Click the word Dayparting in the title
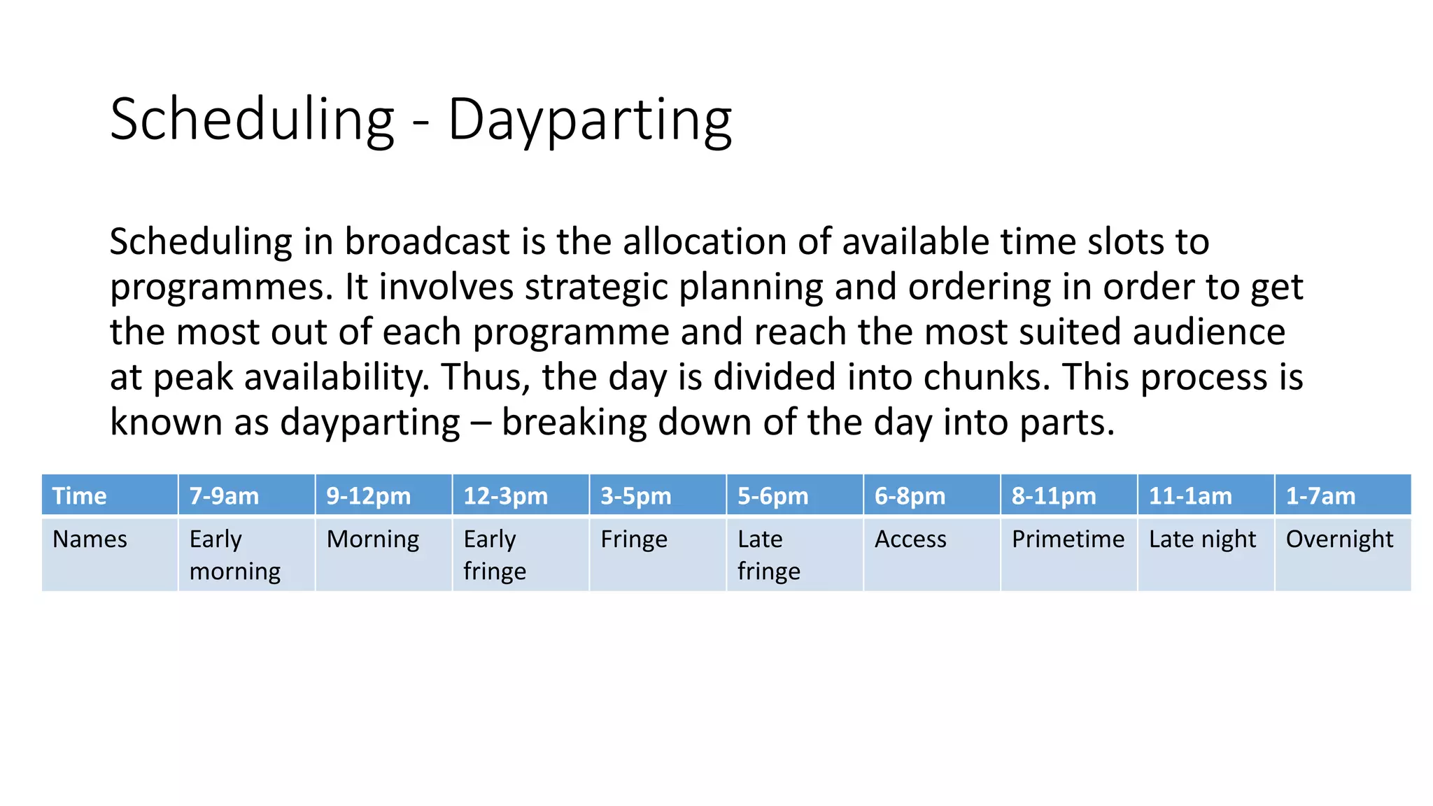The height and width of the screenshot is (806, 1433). coord(589,120)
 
